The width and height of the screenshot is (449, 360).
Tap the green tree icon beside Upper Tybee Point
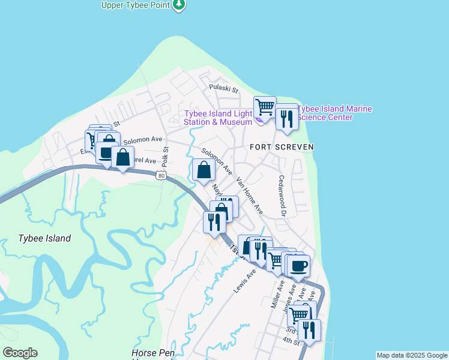[178, 5]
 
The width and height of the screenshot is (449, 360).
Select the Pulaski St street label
[223, 88]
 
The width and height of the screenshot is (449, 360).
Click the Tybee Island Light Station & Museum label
[218, 118]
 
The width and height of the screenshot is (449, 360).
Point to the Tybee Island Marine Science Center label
[335, 113]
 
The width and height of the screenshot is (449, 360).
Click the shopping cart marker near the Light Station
[265, 108]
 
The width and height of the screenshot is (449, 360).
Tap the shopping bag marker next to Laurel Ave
[122, 158]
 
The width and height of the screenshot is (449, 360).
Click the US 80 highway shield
[160, 175]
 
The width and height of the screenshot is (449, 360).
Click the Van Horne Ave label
[250, 196]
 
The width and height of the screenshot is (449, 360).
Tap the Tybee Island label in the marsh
[44, 238]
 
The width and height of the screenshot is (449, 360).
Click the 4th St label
[291, 341]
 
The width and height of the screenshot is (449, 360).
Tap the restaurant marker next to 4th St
[309, 330]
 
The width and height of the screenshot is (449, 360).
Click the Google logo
[20, 353]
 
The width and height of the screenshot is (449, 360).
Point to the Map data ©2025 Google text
[412, 355]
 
